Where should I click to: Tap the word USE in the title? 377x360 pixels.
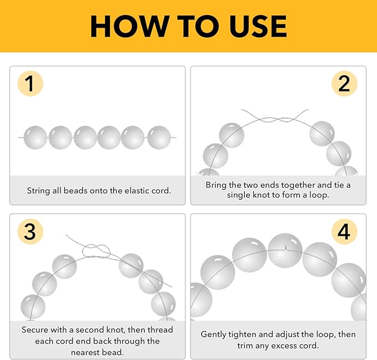pos(258,26)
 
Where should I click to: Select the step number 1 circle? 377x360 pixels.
pos(31,84)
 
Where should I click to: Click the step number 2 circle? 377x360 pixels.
pos(344,84)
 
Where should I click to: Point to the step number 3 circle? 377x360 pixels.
pos(31,232)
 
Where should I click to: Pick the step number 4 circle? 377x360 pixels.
pos(344,232)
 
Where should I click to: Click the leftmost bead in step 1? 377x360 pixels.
pos(36,138)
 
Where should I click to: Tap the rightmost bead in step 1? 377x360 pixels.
pos(159,138)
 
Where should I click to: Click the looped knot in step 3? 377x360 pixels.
pos(96,251)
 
